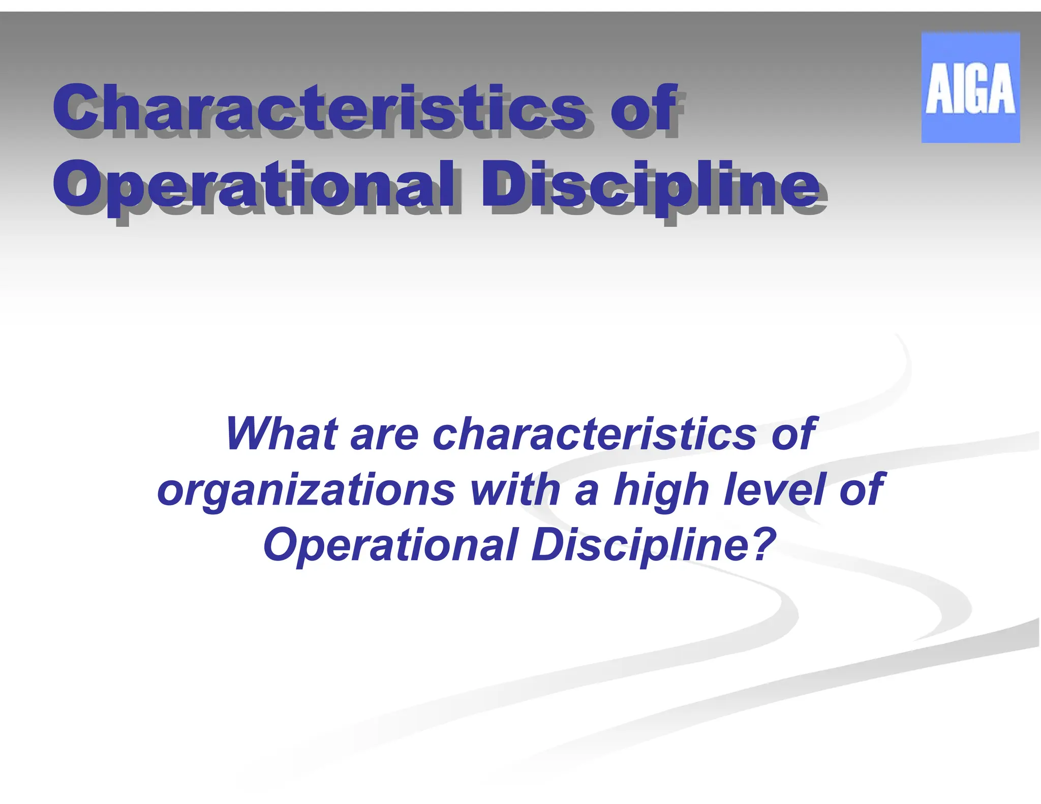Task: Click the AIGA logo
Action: tap(970, 87)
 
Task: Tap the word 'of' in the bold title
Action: tap(644, 108)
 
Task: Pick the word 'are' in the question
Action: tap(384, 435)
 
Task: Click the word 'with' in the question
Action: tap(515, 488)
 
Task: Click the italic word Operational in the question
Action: tap(390, 545)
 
